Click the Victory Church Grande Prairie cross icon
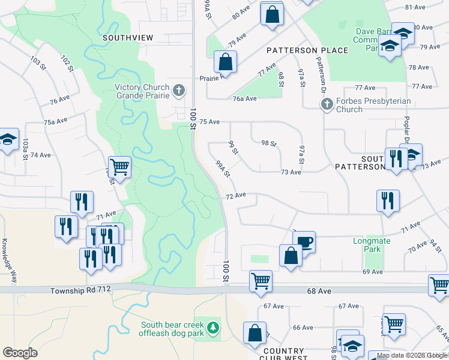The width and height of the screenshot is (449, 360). [178, 91]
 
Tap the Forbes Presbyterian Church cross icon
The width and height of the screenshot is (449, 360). [327, 105]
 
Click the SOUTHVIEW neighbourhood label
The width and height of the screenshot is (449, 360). [128, 37]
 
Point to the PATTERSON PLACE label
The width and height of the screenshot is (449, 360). [308, 50]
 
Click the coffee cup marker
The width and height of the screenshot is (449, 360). [305, 243]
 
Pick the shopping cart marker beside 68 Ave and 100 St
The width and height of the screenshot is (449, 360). [261, 281]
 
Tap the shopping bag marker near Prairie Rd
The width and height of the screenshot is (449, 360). [225, 61]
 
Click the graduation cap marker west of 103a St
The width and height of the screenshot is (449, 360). [8, 140]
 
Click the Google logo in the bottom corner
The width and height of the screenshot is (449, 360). [20, 353]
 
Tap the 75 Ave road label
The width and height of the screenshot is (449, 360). [210, 122]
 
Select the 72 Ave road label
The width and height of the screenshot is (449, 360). [236, 196]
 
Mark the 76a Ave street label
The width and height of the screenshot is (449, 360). [245, 99]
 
